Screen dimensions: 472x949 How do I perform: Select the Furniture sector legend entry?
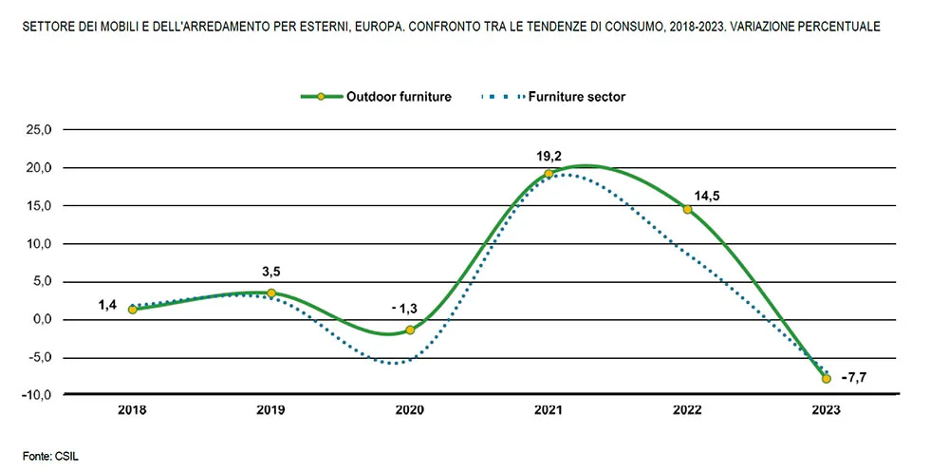554,96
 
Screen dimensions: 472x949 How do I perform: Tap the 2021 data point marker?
549,174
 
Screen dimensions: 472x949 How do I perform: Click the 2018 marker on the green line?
132,310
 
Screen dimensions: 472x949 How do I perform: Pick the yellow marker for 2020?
410,330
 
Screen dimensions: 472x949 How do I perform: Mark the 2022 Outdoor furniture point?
687,209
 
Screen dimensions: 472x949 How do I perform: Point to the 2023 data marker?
827,378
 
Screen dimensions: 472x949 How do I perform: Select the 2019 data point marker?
271,293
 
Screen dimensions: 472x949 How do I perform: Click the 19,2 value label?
549,154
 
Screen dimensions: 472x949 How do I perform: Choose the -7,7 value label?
854,378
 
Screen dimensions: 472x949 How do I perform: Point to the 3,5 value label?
271,273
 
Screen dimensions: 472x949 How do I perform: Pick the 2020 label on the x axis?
410,410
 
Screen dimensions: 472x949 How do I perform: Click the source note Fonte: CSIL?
51,457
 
